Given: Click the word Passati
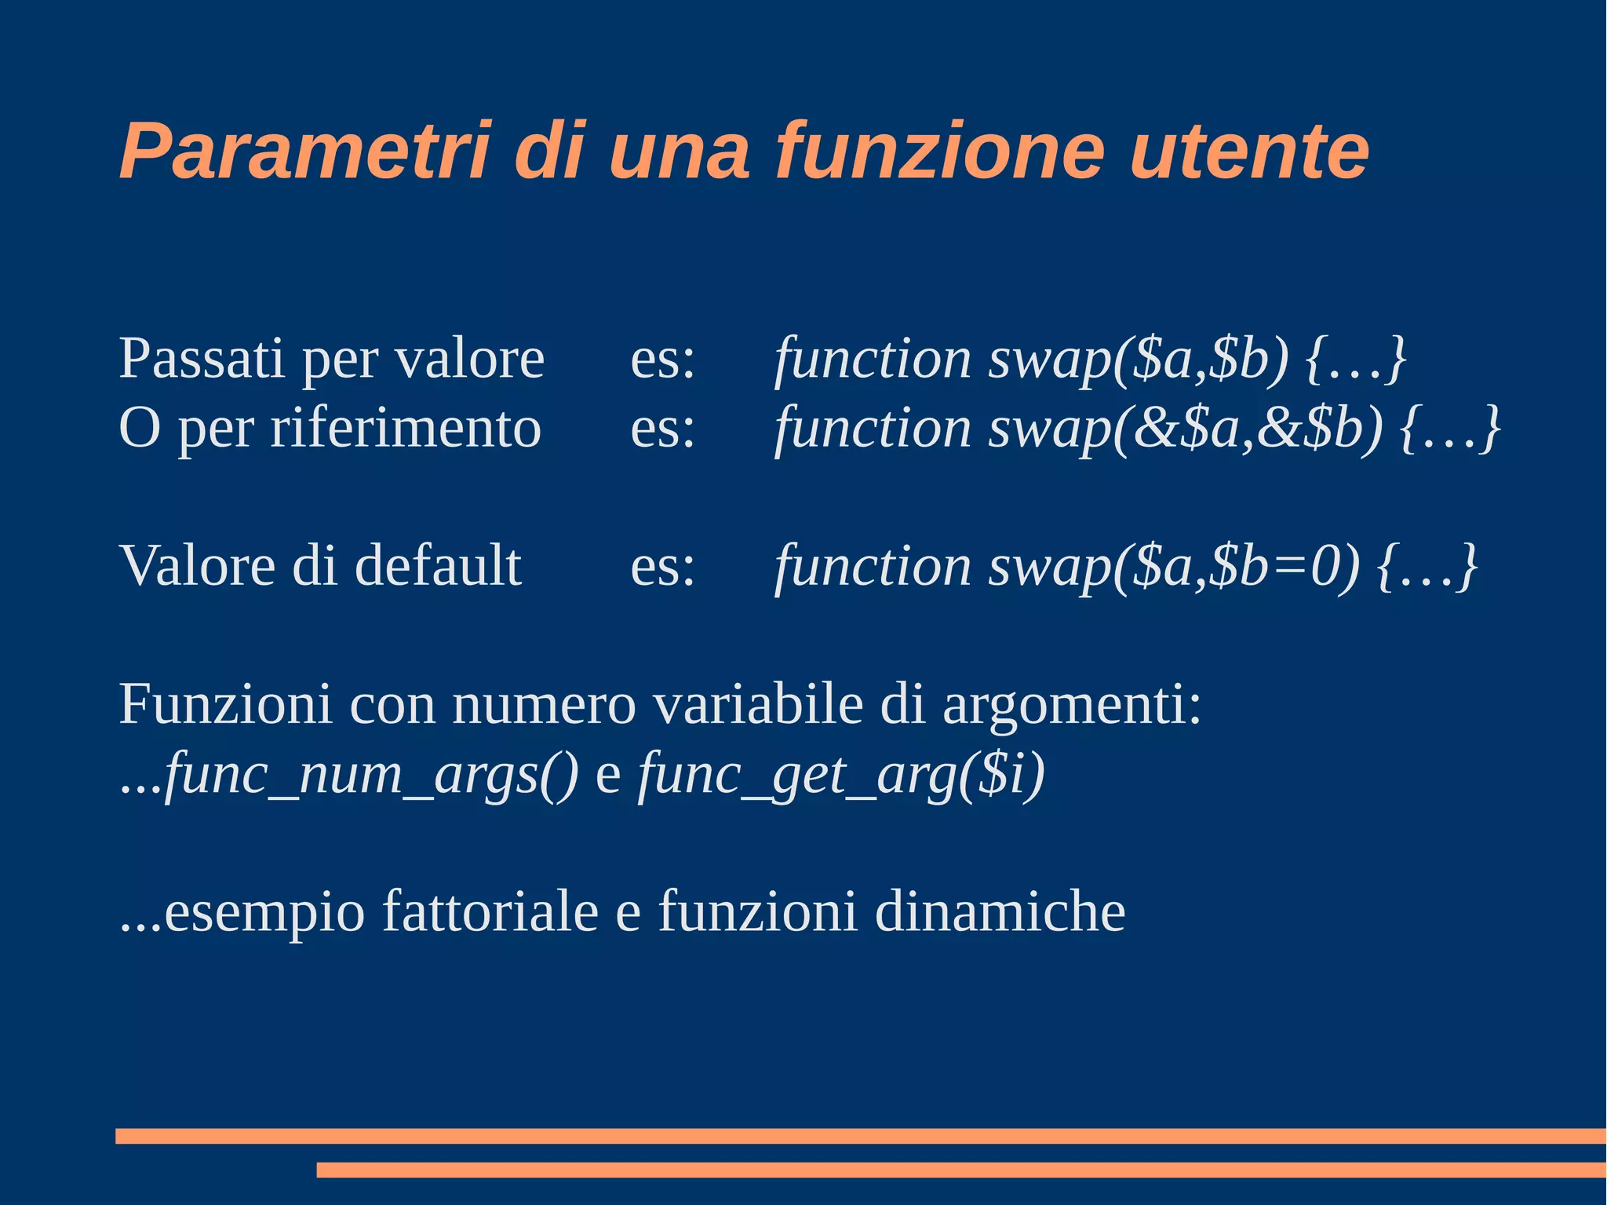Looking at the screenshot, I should (201, 359).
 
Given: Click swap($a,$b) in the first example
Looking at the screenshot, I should (1139, 359).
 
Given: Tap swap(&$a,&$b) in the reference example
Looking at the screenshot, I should (1185, 429).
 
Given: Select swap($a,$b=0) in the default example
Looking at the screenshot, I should (1173, 566).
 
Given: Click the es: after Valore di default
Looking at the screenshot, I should (663, 566).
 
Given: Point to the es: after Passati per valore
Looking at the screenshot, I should (663, 359).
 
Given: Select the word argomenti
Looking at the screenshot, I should (1071, 704).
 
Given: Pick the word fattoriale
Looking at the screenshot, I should (490, 912).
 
